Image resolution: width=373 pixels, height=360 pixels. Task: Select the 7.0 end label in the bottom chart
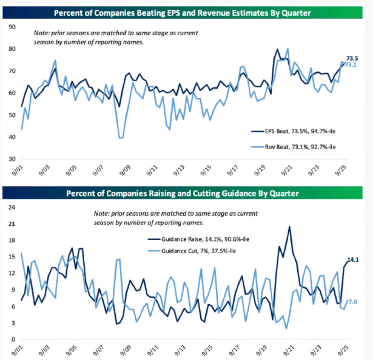tap(352, 302)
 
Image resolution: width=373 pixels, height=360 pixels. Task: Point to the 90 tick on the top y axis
tap(12, 27)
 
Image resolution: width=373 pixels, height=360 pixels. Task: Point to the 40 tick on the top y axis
tap(12, 137)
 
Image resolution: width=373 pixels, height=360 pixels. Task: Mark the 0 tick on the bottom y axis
tap(13, 339)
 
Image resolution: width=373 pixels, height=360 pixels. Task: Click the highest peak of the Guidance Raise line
tap(290, 227)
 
